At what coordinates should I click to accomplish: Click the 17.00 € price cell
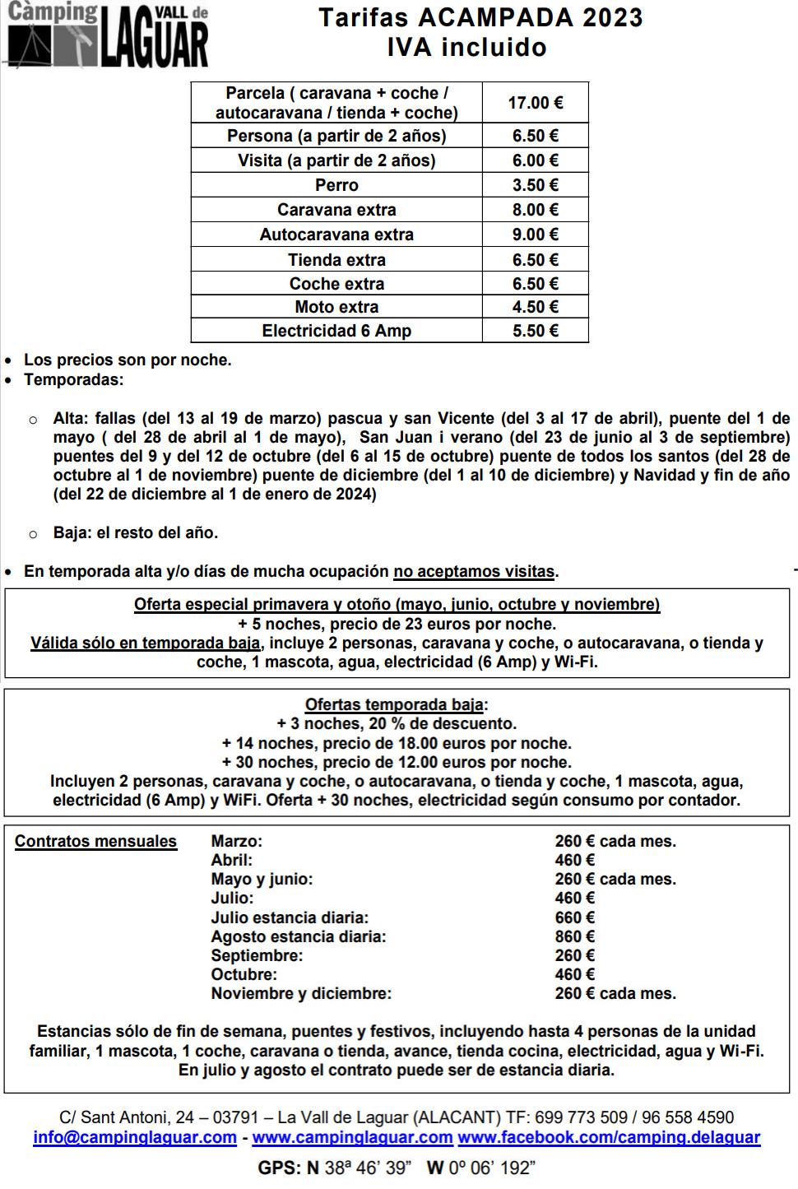[x=535, y=103]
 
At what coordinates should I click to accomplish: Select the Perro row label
[x=336, y=185]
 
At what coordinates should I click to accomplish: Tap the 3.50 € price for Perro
[x=535, y=185]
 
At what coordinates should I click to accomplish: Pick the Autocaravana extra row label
[x=336, y=235]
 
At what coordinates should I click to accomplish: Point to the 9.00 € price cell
[x=535, y=235]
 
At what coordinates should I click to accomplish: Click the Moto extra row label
[x=336, y=307]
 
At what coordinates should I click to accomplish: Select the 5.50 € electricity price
[x=535, y=331]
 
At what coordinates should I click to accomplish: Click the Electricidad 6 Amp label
[x=336, y=331]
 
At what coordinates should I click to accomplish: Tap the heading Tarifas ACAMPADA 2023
[x=480, y=18]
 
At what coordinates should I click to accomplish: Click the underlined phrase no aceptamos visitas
[x=475, y=571]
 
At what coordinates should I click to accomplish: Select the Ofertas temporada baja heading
[x=396, y=705]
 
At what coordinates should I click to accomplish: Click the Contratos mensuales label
[x=95, y=841]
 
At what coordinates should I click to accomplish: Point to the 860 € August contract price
[x=574, y=936]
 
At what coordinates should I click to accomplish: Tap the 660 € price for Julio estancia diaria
[x=574, y=917]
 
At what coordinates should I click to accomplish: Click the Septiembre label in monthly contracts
[x=257, y=955]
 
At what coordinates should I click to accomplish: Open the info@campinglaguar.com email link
[x=135, y=1138]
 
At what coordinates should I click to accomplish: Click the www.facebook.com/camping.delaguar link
[x=609, y=1138]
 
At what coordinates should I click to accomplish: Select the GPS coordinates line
[x=397, y=1168]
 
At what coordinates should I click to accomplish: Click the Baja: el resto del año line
[x=136, y=533]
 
